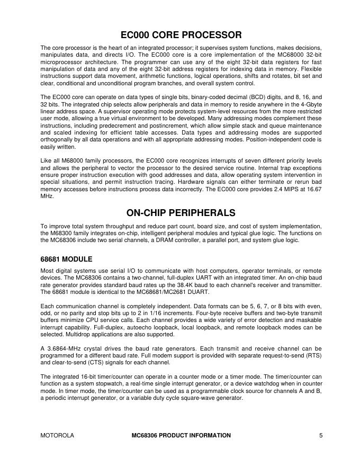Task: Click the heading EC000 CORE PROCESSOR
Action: tap(181, 35)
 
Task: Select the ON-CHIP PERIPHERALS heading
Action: tap(181, 213)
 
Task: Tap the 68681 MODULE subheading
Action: tap(66, 259)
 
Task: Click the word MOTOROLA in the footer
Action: tap(57, 435)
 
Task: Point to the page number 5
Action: tap(321, 435)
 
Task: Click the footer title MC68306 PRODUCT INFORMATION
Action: tap(181, 435)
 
